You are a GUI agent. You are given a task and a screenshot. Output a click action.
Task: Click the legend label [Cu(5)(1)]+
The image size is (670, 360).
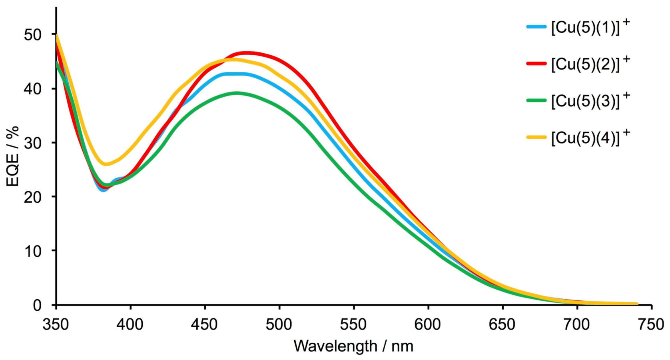[x=590, y=28]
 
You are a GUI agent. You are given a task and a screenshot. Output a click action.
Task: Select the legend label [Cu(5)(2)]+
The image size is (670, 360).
[x=590, y=64]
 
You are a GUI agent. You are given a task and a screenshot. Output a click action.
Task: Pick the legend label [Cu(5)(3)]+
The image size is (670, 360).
[x=590, y=101]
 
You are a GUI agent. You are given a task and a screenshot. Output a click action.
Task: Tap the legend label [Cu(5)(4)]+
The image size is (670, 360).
[x=590, y=138]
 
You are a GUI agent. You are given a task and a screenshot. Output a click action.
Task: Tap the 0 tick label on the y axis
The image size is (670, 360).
[x=37, y=305]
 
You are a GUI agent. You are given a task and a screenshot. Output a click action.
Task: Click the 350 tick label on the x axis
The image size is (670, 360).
[x=56, y=324]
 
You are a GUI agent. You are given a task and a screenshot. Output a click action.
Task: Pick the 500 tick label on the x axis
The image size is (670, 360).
[x=279, y=324]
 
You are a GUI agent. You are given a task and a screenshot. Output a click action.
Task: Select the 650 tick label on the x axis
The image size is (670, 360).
[x=502, y=324]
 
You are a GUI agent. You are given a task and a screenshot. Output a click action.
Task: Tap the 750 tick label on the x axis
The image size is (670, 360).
[x=651, y=324]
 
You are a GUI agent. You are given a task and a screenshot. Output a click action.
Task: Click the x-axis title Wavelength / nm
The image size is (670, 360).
[x=353, y=346]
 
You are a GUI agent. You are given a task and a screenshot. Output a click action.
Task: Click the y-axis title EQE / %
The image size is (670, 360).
[x=13, y=156]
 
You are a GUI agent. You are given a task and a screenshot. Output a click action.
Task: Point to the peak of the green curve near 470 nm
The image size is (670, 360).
[x=237, y=93]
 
